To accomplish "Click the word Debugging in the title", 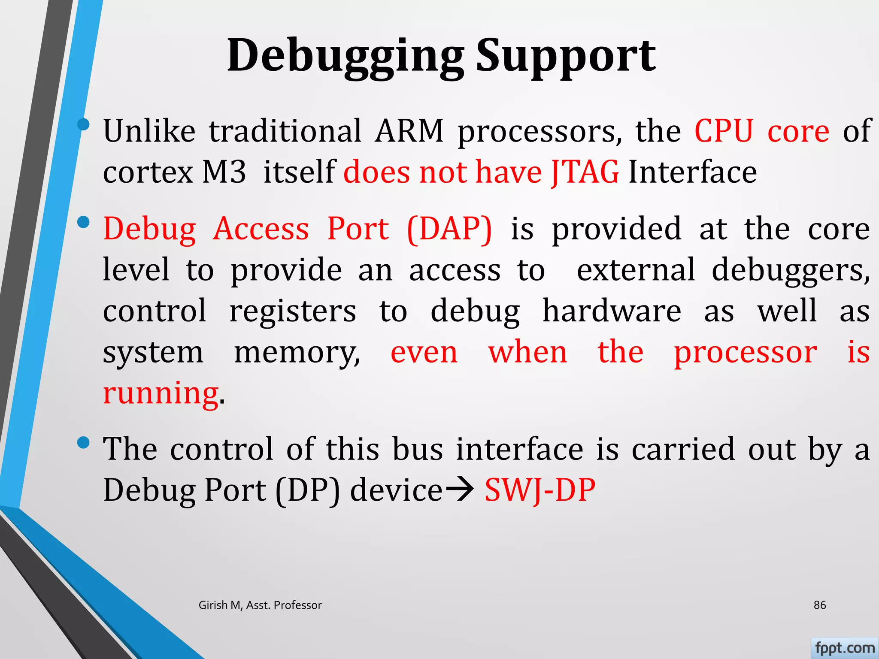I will [x=346, y=56].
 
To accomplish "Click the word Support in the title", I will [x=566, y=56].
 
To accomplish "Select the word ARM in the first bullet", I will [x=409, y=131].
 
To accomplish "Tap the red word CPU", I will [x=724, y=131].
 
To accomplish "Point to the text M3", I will [x=224, y=172].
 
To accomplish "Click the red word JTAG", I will [x=585, y=172].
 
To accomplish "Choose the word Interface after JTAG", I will [x=692, y=172].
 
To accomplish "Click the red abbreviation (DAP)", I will [x=449, y=229].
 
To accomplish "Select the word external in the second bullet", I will [x=636, y=270].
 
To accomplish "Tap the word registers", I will [x=293, y=311].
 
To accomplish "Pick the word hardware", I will [x=612, y=311].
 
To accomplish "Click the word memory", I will [x=297, y=353].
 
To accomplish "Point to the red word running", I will [x=161, y=393].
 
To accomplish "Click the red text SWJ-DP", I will [x=540, y=490].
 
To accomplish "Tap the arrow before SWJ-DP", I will [x=460, y=489].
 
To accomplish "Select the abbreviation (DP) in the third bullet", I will [x=308, y=490].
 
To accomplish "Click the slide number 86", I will [x=820, y=605].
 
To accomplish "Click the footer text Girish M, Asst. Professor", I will [x=260, y=605].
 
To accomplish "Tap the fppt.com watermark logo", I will [x=845, y=648].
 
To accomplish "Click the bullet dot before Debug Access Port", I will [x=83, y=222].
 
